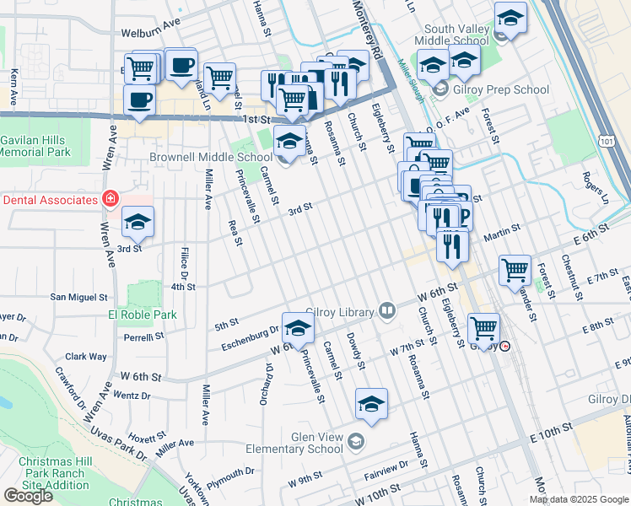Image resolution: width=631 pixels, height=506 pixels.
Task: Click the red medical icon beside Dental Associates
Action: pos(109,199)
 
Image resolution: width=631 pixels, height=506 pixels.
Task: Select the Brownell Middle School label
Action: pos(211,157)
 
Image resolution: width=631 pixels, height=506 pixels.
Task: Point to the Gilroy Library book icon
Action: pos(387,311)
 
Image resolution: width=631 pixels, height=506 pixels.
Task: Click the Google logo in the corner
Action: pos(28,495)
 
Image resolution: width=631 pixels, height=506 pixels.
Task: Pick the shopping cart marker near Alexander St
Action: pos(515,271)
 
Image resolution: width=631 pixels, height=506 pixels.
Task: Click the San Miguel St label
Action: pos(79,297)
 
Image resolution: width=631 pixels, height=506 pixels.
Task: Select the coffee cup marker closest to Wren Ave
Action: pos(139,100)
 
